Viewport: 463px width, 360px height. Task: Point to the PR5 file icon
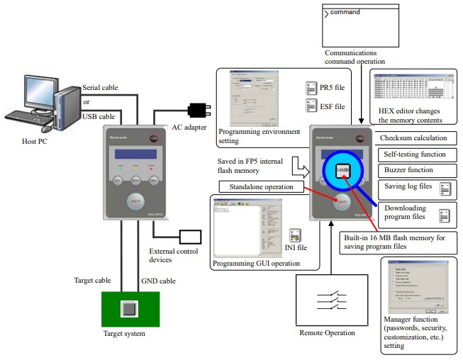click(x=311, y=87)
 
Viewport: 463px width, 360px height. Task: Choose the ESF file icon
click(x=311, y=106)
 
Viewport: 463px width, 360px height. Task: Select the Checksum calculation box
click(x=413, y=137)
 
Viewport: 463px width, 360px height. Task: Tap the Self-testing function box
click(x=413, y=154)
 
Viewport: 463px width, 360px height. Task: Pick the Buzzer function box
click(x=413, y=170)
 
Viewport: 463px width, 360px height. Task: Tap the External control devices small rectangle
click(x=191, y=236)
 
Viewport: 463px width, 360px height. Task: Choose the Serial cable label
click(x=100, y=87)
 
